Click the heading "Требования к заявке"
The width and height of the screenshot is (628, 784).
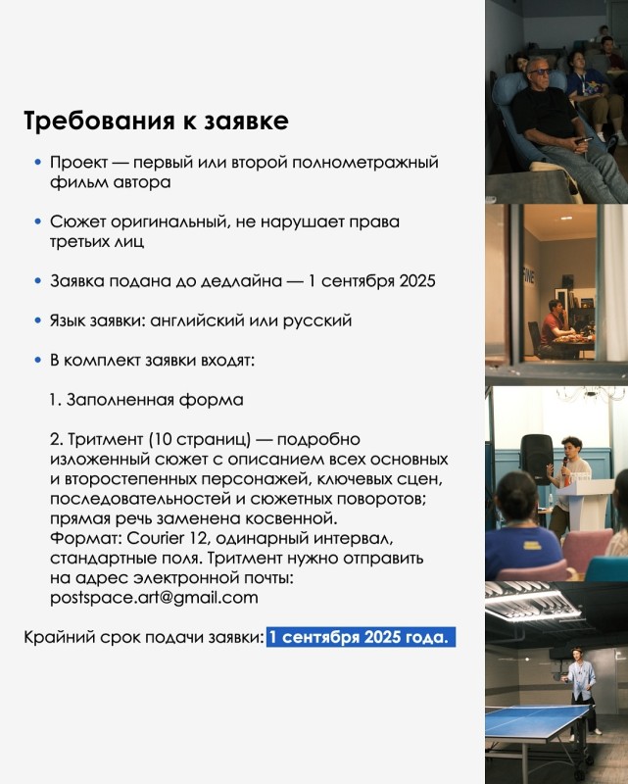click(x=156, y=122)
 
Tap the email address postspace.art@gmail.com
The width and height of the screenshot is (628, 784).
click(x=154, y=598)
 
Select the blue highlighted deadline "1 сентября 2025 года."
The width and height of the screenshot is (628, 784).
click(x=361, y=637)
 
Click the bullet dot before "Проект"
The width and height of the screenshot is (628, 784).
click(x=37, y=162)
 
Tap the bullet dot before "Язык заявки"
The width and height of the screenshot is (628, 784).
click(x=37, y=320)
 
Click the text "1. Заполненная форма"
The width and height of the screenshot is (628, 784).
click(x=147, y=400)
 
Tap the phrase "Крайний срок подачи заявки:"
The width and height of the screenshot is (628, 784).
click(x=143, y=638)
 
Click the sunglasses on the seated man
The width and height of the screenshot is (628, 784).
click(x=540, y=72)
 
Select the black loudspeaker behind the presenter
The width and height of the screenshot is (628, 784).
click(x=537, y=460)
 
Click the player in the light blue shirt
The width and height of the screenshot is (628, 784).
click(x=581, y=690)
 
